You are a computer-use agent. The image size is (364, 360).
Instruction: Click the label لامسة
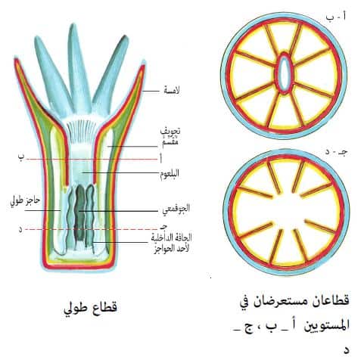(172, 90)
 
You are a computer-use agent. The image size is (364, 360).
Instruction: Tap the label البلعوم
(170, 174)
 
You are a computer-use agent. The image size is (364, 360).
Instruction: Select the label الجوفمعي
(176, 209)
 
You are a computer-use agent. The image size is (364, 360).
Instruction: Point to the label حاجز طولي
(25, 201)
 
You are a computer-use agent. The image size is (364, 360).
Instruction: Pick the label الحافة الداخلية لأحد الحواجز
(172, 244)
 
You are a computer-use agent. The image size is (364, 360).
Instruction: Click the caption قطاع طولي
(91, 308)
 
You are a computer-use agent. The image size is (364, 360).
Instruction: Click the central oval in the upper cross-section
(285, 73)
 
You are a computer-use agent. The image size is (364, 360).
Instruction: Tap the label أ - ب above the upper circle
(336, 17)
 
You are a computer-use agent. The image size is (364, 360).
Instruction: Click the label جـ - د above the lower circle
(336, 151)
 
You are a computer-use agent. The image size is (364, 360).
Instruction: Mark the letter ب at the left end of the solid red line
(21, 157)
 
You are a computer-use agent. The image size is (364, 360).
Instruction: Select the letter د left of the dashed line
(20, 229)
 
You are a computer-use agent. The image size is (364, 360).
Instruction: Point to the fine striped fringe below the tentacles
(79, 131)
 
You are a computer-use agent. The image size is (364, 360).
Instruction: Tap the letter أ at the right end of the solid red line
(160, 160)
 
